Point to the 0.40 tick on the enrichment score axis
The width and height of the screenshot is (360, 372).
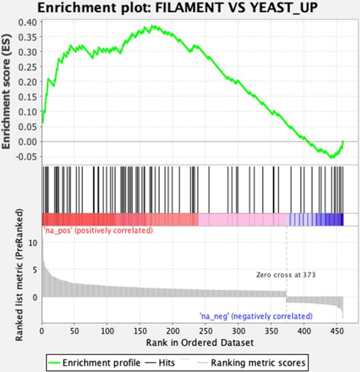[28, 22]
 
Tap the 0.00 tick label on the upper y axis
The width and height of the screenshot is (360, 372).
[28, 141]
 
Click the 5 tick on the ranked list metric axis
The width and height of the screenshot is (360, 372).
[35, 270]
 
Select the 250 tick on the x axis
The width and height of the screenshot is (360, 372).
[206, 331]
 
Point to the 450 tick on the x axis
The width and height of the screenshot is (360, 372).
[337, 331]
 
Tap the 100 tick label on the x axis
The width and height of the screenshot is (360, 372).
[107, 331]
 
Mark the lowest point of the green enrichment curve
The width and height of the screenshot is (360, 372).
[332, 158]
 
